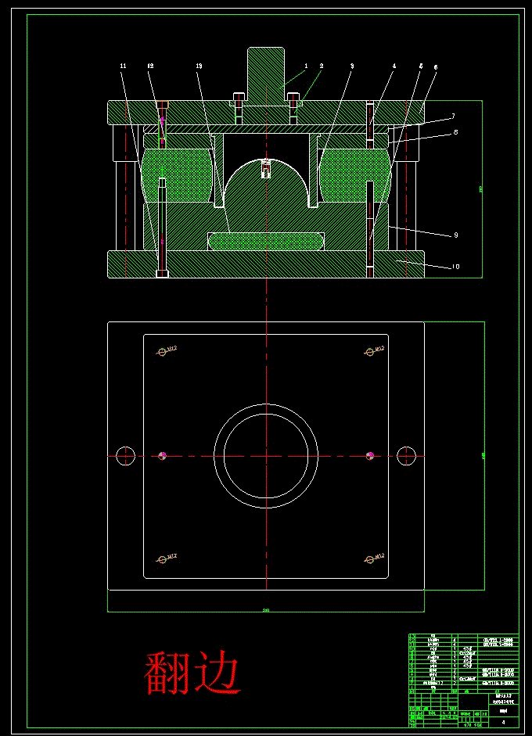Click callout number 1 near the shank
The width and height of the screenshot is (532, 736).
point(306,66)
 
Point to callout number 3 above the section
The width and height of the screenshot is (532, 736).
point(352,66)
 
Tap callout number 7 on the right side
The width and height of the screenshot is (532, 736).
point(452,117)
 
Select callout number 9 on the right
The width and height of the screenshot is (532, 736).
point(455,235)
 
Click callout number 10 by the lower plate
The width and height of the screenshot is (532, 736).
point(455,267)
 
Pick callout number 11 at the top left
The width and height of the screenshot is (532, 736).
point(123,66)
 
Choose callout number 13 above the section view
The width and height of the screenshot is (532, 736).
point(199,66)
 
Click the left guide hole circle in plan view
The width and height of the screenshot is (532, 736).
point(125,455)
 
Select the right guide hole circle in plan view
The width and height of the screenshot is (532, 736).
point(405,455)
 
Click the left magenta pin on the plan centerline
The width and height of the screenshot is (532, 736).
point(163,455)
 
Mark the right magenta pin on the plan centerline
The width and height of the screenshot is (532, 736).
point(369,455)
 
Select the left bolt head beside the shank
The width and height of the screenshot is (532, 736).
point(239,100)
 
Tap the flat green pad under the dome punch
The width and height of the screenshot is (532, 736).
point(266,240)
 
